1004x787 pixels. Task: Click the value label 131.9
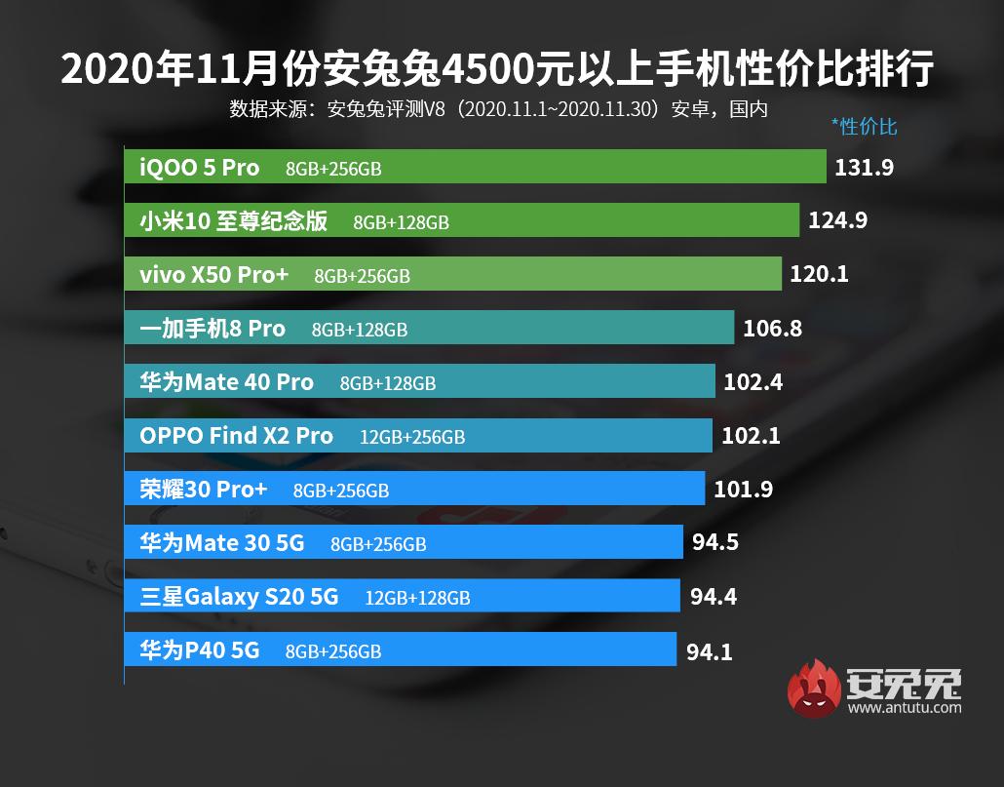click(x=865, y=168)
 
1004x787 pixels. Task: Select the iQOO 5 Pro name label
click(x=200, y=168)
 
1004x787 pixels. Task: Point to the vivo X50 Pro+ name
click(x=214, y=275)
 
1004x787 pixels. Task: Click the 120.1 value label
click(x=819, y=275)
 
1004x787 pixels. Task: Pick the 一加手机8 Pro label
click(x=212, y=329)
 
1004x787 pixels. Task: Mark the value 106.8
click(x=772, y=329)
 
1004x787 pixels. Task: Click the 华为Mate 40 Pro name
click(x=227, y=382)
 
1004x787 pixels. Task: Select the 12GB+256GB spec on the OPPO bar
click(x=412, y=437)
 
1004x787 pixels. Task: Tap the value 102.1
click(x=751, y=436)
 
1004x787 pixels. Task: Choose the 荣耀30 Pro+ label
click(x=203, y=490)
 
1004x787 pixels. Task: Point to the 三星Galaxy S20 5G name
click(x=239, y=596)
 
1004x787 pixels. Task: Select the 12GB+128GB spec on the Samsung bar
click(x=417, y=598)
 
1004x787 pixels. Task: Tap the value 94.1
click(x=709, y=650)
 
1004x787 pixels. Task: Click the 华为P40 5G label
click(x=200, y=649)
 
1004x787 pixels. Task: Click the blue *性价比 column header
click(x=864, y=126)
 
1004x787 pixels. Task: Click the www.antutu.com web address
click(x=905, y=708)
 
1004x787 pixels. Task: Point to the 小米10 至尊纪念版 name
click(x=233, y=221)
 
